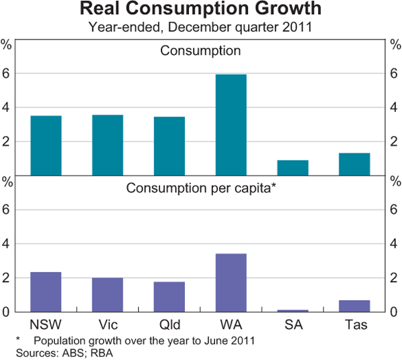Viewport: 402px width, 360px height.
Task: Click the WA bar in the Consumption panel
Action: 230,125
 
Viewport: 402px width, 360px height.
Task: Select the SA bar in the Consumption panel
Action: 292,168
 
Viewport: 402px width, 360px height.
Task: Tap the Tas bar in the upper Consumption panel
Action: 354,164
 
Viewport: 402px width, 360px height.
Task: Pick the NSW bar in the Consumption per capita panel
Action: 46,292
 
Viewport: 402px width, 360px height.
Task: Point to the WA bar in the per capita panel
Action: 230,283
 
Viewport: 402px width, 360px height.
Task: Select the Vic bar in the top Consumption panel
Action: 107,145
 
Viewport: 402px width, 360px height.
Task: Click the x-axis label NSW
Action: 46,325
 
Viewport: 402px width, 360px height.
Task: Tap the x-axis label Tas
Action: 354,325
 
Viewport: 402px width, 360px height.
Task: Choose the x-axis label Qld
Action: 169,325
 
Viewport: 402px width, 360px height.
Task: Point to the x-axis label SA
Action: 292,325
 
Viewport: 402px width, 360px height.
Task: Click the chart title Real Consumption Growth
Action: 200,11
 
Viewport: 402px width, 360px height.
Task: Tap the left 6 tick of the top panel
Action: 7,73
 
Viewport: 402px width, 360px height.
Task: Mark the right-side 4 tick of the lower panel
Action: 395,244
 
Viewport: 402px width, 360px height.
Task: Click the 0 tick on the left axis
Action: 7,312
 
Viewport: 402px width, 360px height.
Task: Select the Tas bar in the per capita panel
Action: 354,306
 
